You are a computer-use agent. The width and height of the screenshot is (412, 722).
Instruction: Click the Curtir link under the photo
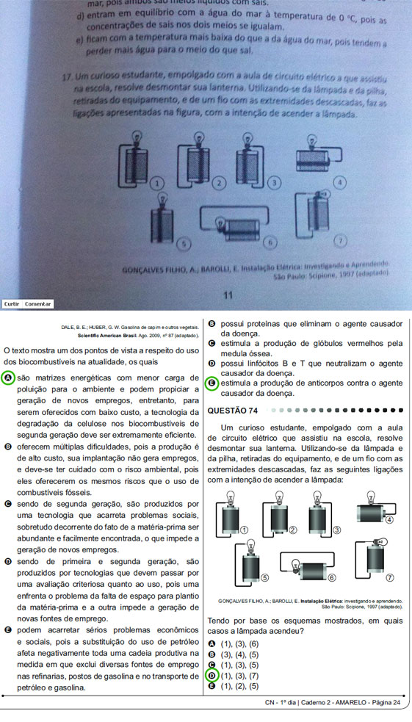point(12,303)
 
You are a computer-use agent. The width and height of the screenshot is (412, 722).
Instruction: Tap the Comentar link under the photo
point(37,303)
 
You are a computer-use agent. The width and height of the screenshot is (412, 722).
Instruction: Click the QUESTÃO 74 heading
point(234,410)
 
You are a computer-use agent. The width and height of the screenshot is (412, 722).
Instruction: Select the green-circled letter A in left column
point(8,378)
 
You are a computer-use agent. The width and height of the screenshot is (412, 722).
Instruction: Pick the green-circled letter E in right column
point(213,383)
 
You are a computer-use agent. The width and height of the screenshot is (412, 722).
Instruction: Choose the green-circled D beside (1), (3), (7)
point(212,675)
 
